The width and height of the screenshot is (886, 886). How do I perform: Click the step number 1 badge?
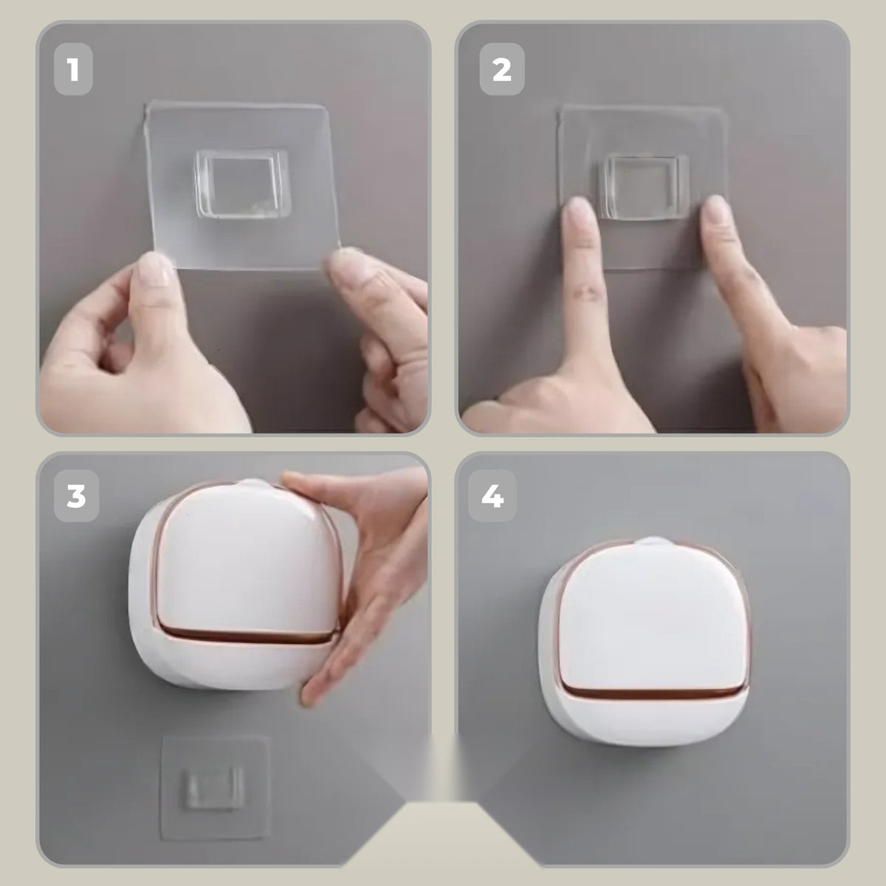[73, 69]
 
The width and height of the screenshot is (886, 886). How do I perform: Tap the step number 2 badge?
[501, 69]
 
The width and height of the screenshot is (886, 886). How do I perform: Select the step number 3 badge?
[76, 496]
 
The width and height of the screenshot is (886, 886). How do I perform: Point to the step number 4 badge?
[492, 496]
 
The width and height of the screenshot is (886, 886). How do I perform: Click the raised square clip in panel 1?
[242, 183]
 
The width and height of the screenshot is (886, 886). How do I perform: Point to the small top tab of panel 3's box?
[252, 483]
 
